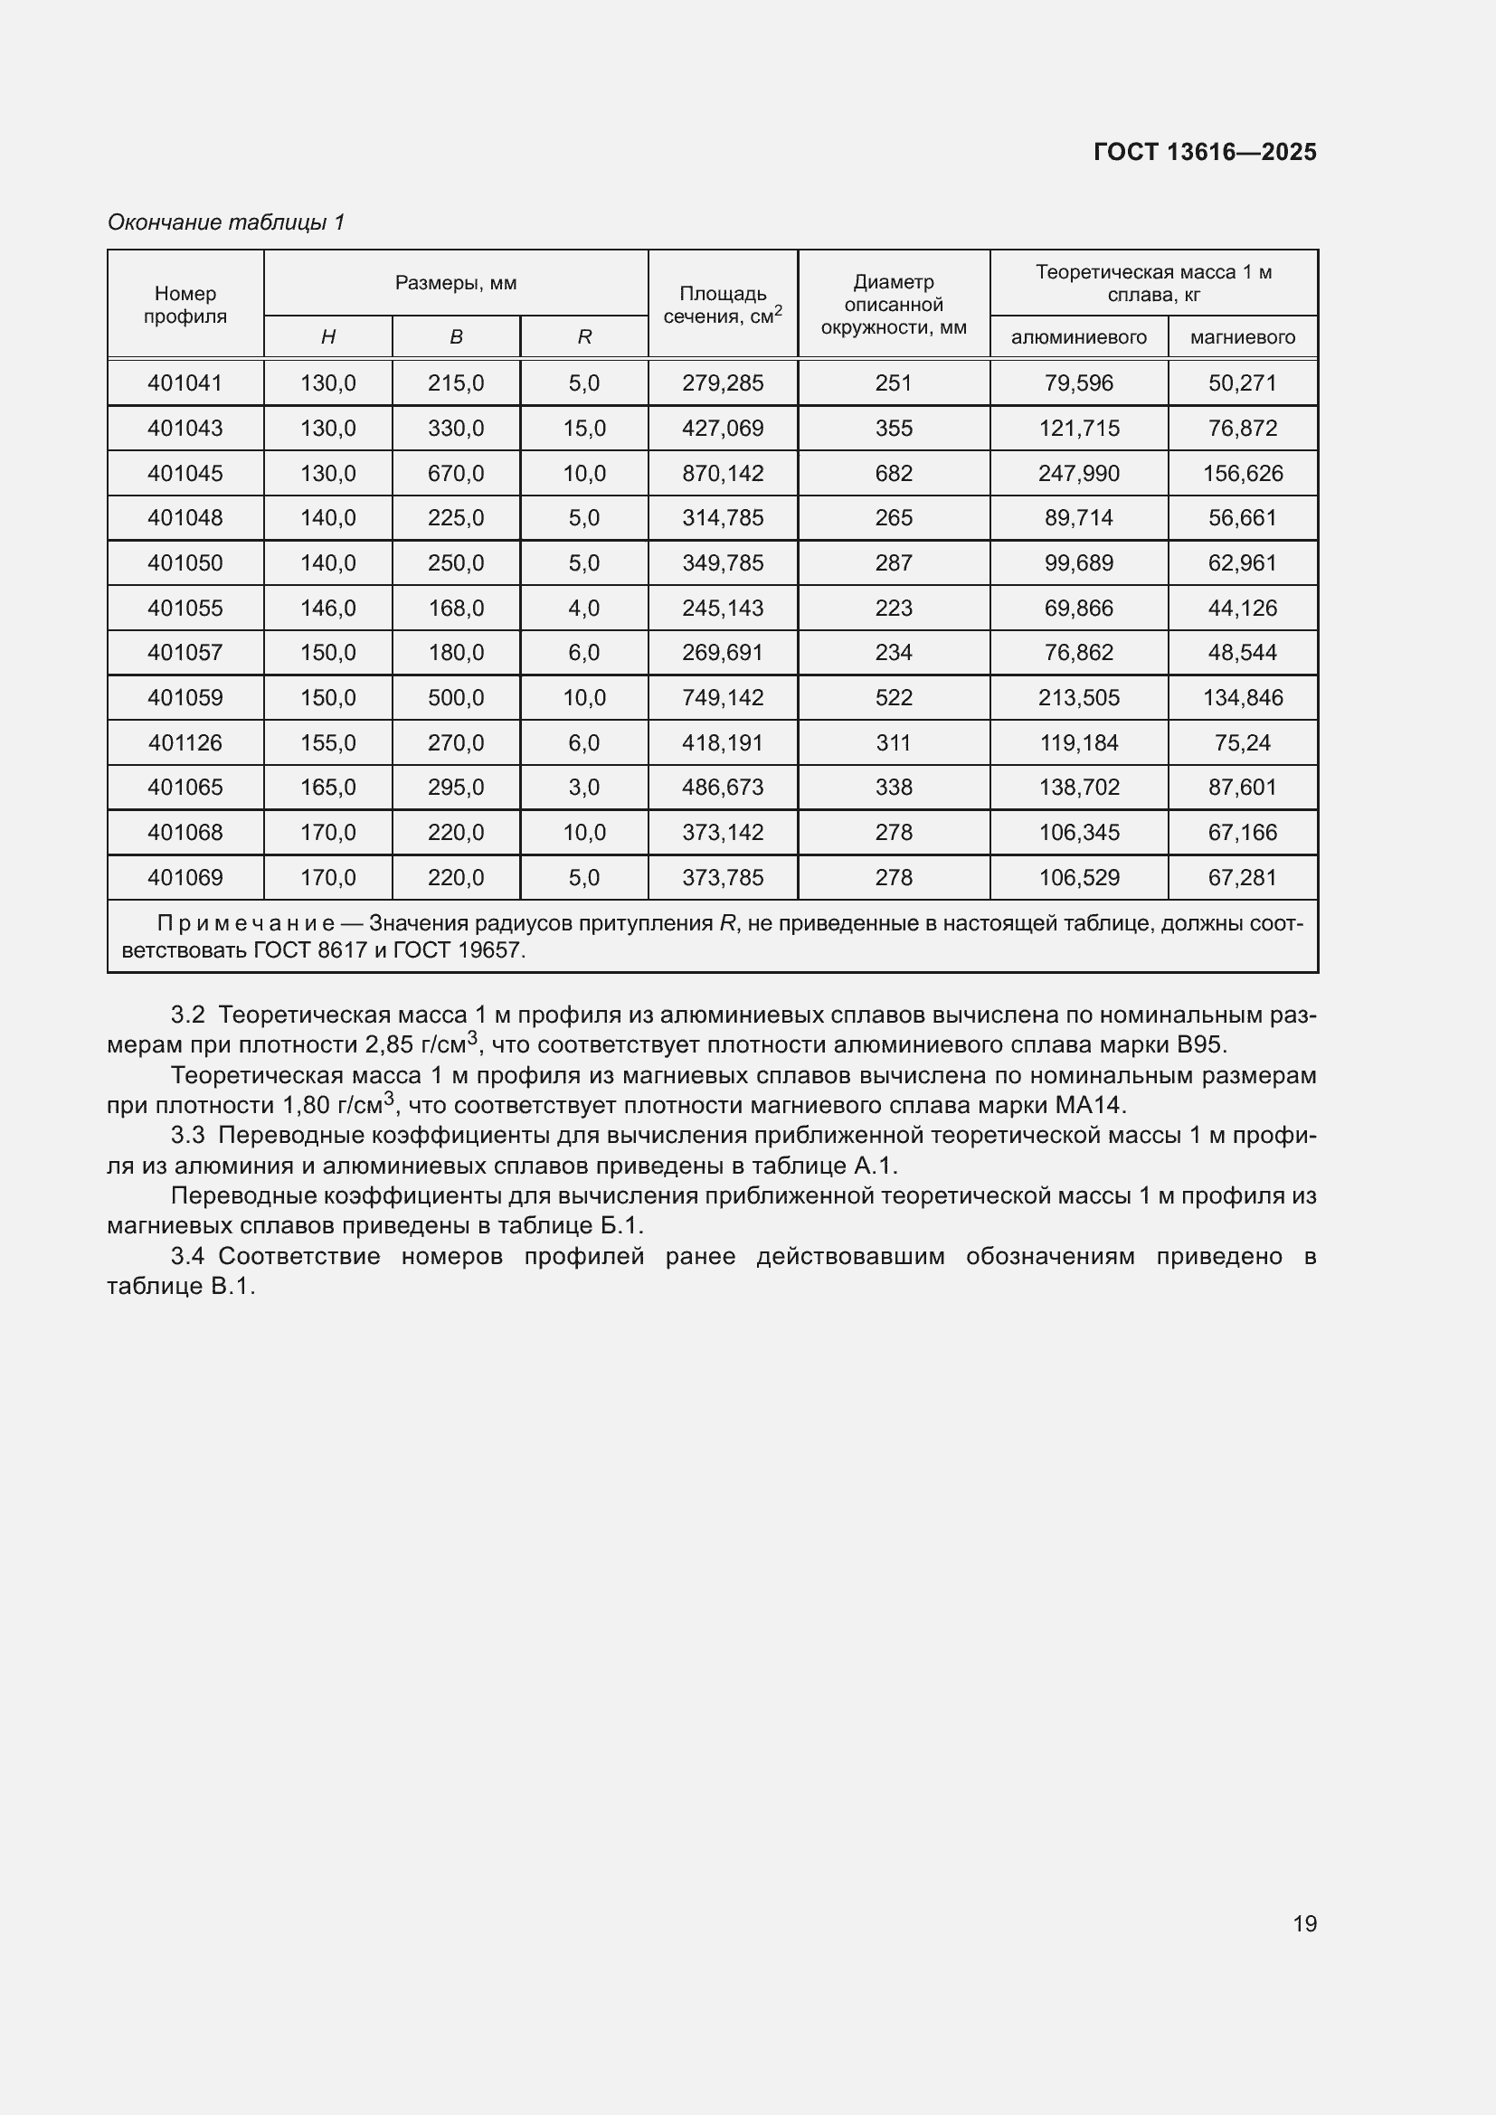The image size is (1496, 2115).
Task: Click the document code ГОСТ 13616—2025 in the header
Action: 1204,152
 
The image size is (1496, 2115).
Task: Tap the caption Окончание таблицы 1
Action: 226,222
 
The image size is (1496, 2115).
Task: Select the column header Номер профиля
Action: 185,305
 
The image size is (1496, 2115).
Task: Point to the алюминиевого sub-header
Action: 1078,337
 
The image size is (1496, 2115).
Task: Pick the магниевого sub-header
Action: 1242,337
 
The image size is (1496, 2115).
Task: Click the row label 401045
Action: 185,474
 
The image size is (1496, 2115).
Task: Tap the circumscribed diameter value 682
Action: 894,474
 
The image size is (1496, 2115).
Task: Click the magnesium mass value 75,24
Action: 1242,742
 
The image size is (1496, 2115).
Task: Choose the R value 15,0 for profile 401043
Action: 584,429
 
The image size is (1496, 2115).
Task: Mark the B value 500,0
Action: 456,697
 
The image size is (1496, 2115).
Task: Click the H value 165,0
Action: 328,788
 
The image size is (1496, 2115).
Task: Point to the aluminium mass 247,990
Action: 1078,474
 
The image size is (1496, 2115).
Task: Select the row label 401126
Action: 185,742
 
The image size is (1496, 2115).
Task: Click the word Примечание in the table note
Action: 246,924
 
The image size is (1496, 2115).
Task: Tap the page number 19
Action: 1304,1923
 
